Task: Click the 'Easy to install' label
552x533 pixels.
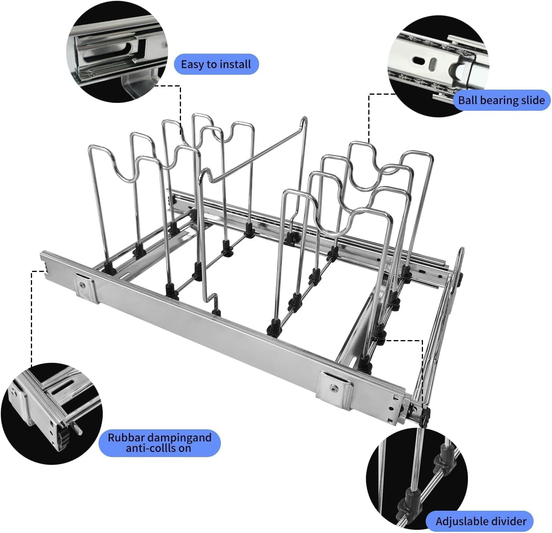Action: tap(216, 64)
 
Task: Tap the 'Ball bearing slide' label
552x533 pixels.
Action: tap(501, 100)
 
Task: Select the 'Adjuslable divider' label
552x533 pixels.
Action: tap(481, 521)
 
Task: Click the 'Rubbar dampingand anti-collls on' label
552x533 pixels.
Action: tap(159, 443)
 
